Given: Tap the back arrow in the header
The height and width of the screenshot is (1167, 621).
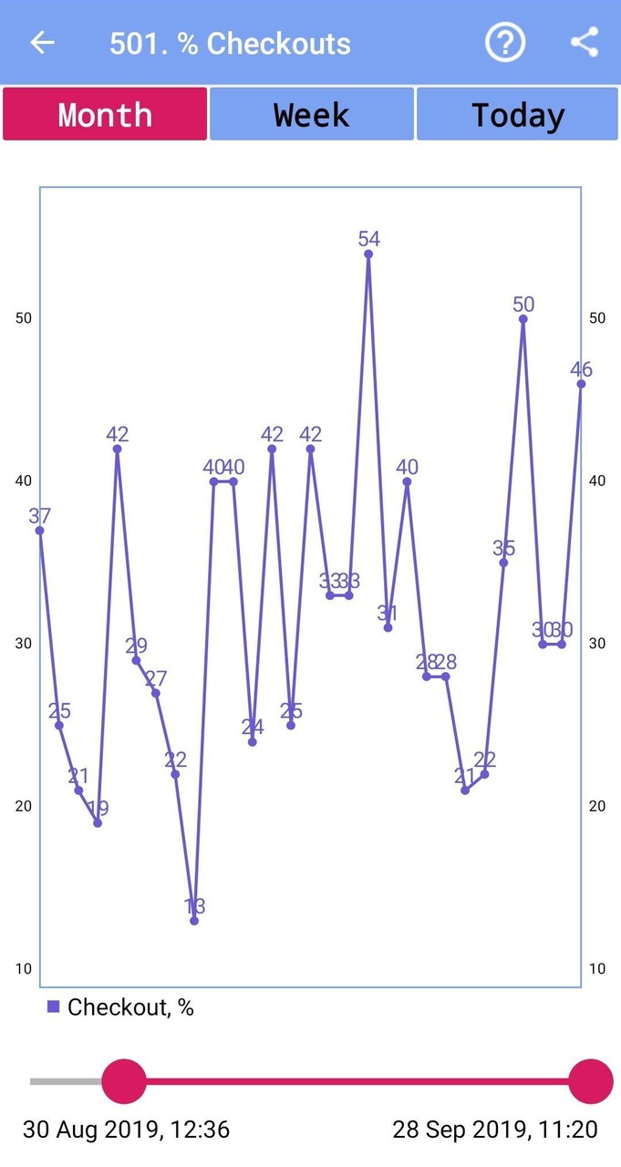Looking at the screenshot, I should tap(42, 43).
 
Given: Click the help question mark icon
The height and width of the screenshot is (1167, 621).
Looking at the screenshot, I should tap(504, 43).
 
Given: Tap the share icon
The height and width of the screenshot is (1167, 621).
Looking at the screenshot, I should tap(585, 43).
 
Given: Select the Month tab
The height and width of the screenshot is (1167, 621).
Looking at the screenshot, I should tap(105, 115).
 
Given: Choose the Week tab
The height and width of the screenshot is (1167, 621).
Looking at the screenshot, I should tap(312, 115).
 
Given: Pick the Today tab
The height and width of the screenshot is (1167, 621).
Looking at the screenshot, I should tap(518, 115).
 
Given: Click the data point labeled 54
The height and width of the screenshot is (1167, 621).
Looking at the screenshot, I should tap(368, 253).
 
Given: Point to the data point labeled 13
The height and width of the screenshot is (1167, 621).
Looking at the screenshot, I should tap(194, 921).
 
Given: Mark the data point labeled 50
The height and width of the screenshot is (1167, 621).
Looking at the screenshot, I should tap(523, 318).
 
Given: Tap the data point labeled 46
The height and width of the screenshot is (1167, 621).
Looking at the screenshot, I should tap(581, 384).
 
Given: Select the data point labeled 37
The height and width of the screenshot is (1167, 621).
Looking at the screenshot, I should tap(40, 531).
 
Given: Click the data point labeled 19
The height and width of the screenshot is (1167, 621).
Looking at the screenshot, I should tap(98, 823).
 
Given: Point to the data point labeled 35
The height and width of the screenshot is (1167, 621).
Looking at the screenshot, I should tap(503, 563).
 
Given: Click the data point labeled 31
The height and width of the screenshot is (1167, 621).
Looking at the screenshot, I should tap(388, 628).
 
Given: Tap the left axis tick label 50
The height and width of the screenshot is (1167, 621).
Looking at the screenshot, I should tap(23, 318).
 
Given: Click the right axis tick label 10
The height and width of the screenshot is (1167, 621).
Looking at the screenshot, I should tap(597, 969).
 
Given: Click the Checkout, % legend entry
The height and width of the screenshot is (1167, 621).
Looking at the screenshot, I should tap(120, 1007).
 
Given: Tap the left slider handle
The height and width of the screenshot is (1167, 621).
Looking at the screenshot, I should tap(124, 1081).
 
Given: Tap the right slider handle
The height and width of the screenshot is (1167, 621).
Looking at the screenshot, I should tap(591, 1081).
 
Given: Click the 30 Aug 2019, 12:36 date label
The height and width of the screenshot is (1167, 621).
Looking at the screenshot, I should tap(126, 1131).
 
